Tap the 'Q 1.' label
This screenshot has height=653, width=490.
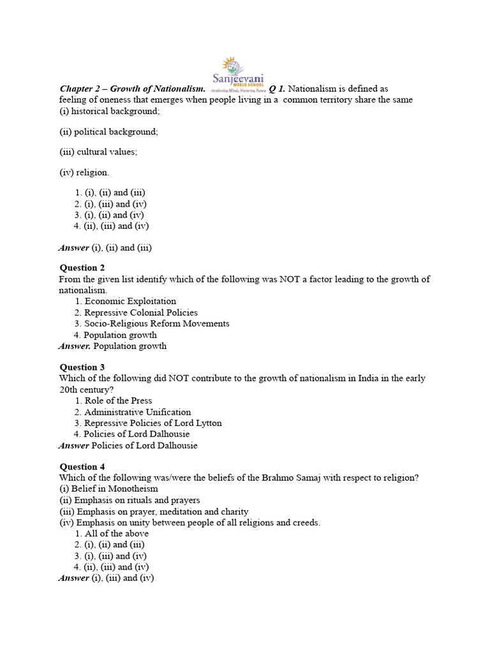[x=277, y=89]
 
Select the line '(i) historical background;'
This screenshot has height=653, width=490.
[x=109, y=111]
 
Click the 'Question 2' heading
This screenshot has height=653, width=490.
[x=82, y=268]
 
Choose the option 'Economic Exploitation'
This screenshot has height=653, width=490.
[x=130, y=301]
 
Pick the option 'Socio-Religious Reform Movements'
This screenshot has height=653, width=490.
[x=157, y=323]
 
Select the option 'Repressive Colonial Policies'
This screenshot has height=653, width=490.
[x=141, y=312]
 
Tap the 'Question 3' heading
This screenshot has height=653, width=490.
[x=82, y=367]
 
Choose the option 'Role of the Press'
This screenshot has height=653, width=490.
[x=118, y=400]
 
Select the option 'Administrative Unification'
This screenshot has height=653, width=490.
[x=137, y=412]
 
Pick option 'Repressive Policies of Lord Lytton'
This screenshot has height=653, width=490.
[x=153, y=423]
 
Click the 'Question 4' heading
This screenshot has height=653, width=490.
[x=82, y=467]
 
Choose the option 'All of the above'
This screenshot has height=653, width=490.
[x=117, y=533]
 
